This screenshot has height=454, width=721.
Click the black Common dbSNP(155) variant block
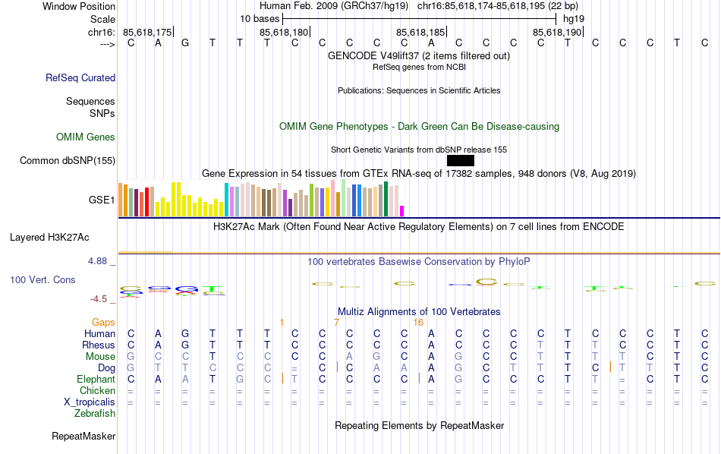pos(461,160)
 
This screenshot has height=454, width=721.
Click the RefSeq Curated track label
pos(80,77)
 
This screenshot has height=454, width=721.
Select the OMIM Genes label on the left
pos(86,137)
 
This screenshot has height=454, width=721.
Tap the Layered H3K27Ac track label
pos(62,237)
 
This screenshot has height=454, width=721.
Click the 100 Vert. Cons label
pos(43,280)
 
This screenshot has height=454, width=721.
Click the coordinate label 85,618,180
pos(284,32)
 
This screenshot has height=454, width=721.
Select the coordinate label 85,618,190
pos(557,32)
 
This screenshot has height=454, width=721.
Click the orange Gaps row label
pos(104,323)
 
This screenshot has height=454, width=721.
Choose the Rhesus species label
pos(99,345)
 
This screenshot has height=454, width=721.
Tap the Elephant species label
pos(96,380)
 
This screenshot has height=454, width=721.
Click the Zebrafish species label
pos(95,414)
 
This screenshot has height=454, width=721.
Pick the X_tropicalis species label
pos(90,402)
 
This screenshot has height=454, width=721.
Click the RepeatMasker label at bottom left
pos(83,437)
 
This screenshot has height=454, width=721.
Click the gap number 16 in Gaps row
pos(418,323)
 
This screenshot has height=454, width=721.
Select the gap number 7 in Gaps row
pos(336,323)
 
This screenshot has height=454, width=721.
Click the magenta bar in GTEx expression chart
pos(402,210)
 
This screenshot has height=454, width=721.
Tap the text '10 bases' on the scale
pos(260,18)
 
